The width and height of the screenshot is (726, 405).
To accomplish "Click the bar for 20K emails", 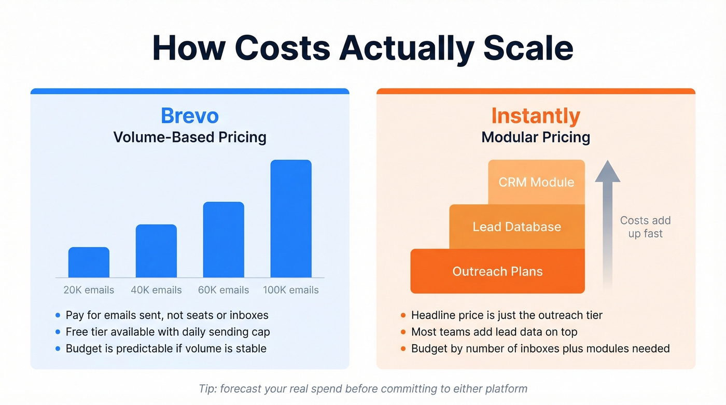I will point(89,262).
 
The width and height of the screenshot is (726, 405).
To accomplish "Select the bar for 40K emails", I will point(156,251).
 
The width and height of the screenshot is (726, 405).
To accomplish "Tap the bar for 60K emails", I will point(224,240).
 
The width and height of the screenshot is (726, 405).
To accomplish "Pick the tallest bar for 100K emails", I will point(291,219).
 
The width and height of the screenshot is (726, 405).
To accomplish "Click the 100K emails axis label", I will point(291,290).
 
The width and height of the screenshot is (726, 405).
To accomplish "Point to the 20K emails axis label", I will point(89,290).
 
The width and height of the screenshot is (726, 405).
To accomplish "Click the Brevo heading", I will point(190,115).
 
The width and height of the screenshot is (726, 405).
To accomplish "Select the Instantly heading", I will point(536,115).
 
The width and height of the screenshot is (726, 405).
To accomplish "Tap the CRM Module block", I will point(536,182).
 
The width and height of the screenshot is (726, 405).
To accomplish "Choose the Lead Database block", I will point(516,227).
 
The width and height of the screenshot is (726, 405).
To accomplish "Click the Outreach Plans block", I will point(497,271).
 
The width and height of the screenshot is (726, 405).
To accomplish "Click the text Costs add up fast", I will point(645,227).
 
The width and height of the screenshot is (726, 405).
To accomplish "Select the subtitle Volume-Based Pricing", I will point(190,137).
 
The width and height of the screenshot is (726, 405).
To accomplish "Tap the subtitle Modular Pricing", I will point(536,137).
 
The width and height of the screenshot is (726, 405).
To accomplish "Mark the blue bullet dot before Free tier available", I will point(58,332).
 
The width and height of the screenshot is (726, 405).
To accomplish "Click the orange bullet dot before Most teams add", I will point(403,332).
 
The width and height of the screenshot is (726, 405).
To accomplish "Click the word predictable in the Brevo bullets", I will point(137,348).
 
